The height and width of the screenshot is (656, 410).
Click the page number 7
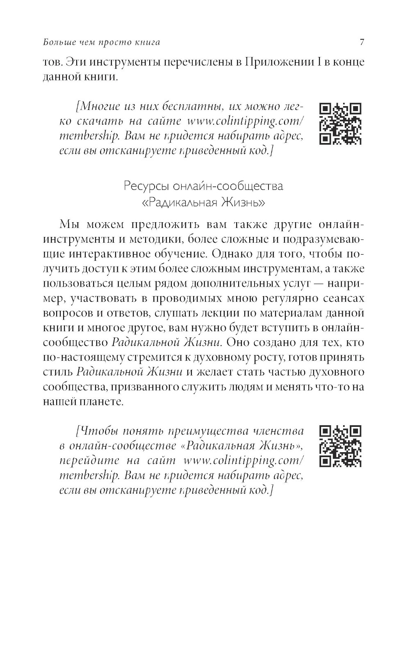pos(362,42)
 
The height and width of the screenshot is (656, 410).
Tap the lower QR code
pos(340,446)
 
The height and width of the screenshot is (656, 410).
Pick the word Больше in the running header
pos(55,42)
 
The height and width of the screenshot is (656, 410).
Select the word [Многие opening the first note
pos(96,107)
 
